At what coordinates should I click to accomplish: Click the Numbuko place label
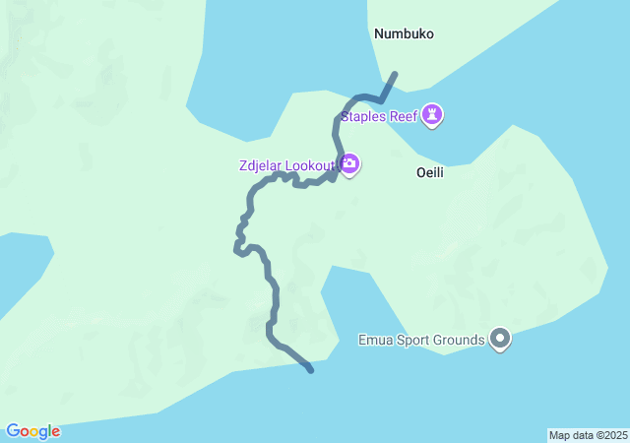click(x=404, y=33)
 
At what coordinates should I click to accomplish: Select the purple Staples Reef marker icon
click(x=432, y=115)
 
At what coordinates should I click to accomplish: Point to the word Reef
click(x=404, y=116)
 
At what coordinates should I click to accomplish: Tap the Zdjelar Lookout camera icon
click(x=348, y=162)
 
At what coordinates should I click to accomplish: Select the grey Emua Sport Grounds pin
click(x=500, y=340)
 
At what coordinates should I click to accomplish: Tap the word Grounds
click(x=460, y=341)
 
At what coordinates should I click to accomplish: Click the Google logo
click(x=33, y=431)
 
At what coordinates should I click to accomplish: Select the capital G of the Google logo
click(x=13, y=431)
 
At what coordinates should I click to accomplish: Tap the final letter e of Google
click(x=55, y=432)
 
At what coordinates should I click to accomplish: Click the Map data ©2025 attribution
click(x=588, y=435)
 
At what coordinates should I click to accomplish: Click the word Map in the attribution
click(x=559, y=435)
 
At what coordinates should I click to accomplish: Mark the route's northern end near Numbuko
click(x=395, y=74)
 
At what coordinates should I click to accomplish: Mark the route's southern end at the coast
click(x=311, y=370)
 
